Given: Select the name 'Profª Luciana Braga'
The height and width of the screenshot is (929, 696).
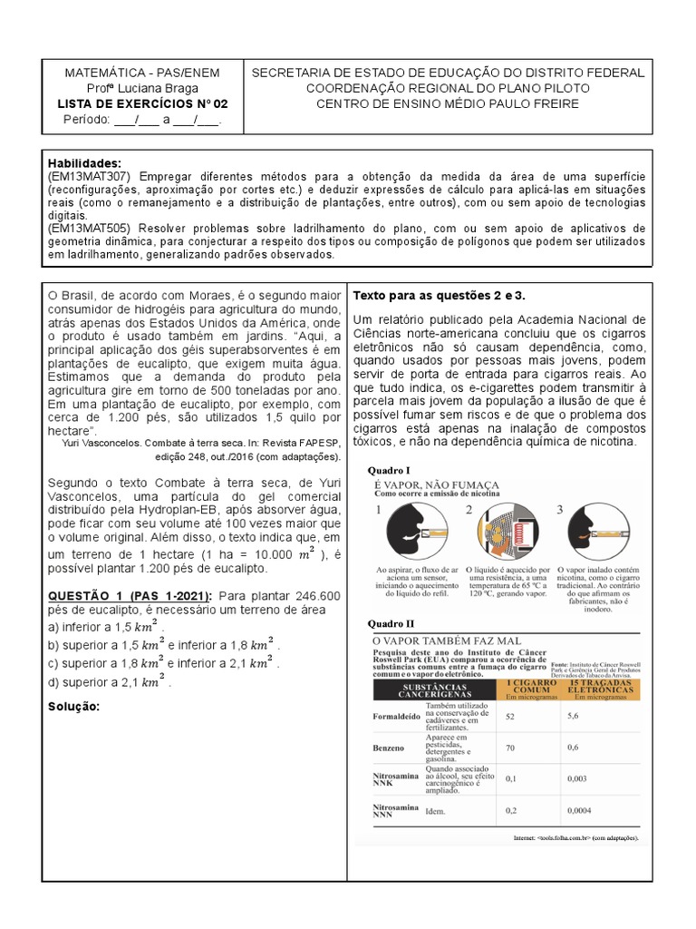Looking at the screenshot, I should (x=144, y=88).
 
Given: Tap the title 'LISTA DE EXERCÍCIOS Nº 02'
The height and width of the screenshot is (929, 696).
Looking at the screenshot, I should (x=144, y=103).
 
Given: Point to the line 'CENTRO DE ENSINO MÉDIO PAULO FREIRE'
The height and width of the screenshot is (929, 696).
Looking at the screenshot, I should (x=448, y=103).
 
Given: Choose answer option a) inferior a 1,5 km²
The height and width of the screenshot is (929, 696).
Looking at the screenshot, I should (x=106, y=627).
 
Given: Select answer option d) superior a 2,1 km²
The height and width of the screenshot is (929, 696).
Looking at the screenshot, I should (x=110, y=681).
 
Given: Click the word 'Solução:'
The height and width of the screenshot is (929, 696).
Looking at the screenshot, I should (x=73, y=707).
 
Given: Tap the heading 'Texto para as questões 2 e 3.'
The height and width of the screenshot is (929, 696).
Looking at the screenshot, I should (x=440, y=296).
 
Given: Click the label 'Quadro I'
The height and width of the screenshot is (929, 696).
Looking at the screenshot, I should (x=389, y=470).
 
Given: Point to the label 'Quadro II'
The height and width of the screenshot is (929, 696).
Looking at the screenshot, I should (x=391, y=623).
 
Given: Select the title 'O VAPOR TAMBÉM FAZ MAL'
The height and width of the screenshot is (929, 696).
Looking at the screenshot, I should (x=448, y=640).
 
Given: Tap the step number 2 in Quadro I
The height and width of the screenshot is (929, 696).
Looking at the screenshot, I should (x=469, y=510).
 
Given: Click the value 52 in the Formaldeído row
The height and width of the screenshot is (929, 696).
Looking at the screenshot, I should (x=510, y=717).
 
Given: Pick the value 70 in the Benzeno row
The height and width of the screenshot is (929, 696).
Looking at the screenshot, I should (x=510, y=748).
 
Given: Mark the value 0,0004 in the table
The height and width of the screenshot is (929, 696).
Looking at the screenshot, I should (x=581, y=810).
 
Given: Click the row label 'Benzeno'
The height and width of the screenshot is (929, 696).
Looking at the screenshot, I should (x=389, y=748).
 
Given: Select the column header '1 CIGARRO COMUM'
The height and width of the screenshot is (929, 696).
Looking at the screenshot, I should (x=527, y=686).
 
